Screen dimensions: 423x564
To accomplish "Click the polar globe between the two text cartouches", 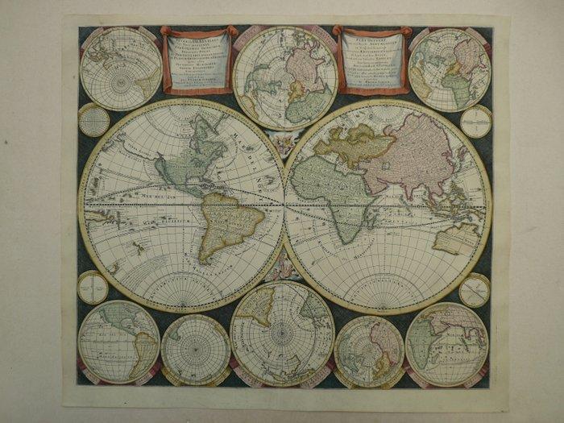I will [284, 77].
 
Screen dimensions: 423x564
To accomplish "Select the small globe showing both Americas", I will [118, 341].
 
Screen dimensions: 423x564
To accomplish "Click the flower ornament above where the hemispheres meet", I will [284, 146].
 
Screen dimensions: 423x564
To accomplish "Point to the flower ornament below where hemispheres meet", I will [284, 266].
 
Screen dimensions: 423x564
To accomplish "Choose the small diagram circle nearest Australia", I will [474, 290].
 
